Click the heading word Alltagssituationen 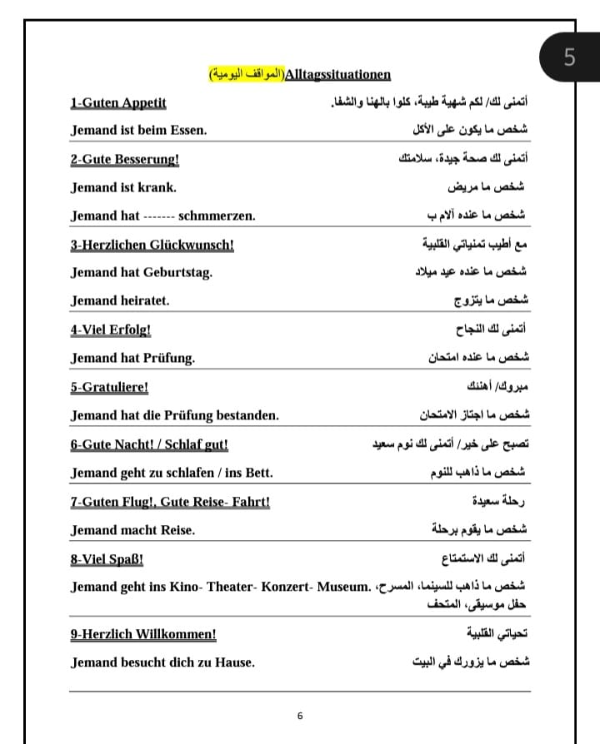point(337,75)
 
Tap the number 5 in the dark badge point(569,57)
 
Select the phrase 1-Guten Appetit point(118,103)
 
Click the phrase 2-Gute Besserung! point(125,159)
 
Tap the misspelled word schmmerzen point(217,216)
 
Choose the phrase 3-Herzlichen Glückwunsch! point(152,245)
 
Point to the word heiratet point(145,300)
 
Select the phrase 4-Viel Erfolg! point(111,330)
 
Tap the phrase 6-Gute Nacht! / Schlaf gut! point(150,444)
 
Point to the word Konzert point(285,587)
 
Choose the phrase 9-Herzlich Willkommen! point(143,634)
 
